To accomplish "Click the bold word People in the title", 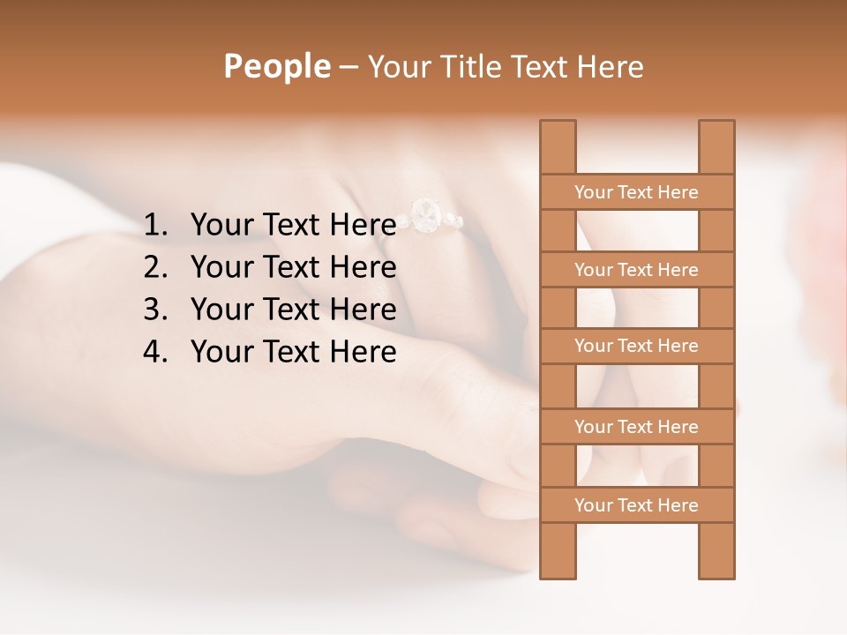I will pos(277,66).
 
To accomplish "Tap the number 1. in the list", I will pos(155,225).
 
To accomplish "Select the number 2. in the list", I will pos(155,267).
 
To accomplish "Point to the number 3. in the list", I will pos(155,310).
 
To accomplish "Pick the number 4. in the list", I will pos(155,352).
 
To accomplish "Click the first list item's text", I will pos(293,225).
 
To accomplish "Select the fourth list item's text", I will pos(293,352).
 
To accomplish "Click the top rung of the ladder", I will pos(636,192).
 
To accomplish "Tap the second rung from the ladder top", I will pos(636,270).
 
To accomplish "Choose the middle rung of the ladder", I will pos(636,347).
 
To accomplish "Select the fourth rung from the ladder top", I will pos(636,427).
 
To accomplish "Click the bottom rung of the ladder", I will pos(636,505).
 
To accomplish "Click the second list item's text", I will pos(293,267).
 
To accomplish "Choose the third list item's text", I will pos(293,310).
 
